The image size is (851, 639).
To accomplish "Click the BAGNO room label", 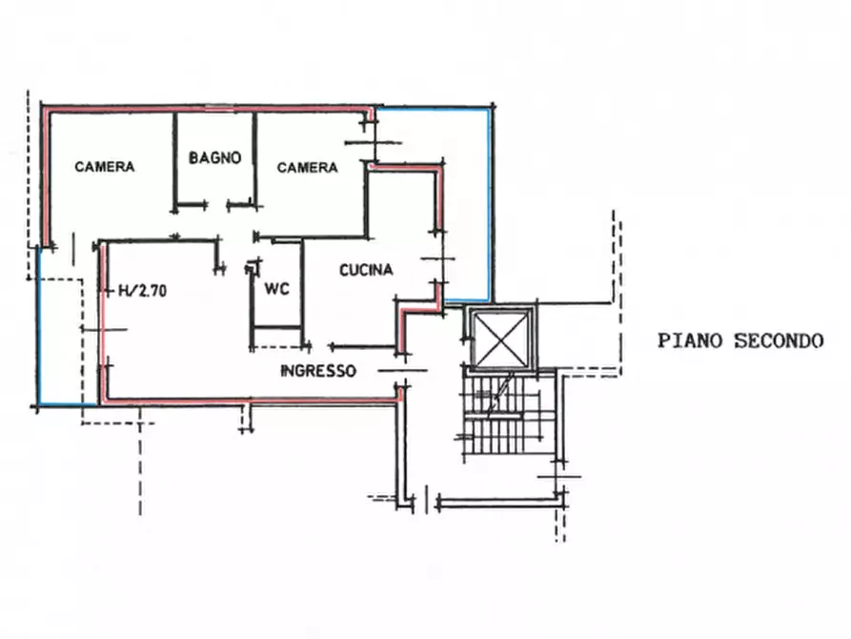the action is pos(215,158).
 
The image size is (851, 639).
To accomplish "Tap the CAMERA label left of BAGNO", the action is pos(105,166).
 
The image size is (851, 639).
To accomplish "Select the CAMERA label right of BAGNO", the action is pos(307,167).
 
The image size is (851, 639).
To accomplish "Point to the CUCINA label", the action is pos(366,270).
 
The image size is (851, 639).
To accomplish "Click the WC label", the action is pos(276,289).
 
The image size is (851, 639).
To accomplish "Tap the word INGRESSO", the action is pos(318,371).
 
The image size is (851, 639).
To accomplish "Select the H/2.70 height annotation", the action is pos(143,291).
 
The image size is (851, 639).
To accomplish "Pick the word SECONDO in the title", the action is pos(779,340).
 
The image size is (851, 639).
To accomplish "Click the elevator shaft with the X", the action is pos(501,338).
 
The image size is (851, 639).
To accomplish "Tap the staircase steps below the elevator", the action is pos(502,416).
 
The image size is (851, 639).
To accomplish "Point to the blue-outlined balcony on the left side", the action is pos(60,326).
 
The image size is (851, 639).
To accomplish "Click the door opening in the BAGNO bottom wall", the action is pos(217,205).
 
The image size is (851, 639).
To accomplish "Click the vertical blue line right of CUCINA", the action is pos(490,205).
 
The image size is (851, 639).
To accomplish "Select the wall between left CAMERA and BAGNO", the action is pos(174,161).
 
